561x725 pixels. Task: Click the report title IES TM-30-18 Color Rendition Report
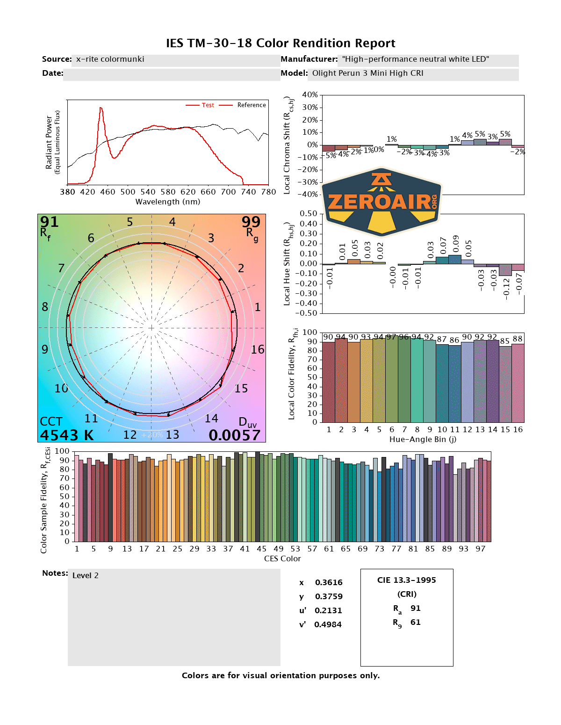pyautogui.click(x=280, y=43)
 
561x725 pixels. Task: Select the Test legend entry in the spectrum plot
pyautogui.click(x=208, y=105)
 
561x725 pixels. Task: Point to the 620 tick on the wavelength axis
pyautogui.click(x=188, y=192)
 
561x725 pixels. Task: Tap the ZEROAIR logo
pyautogui.click(x=382, y=202)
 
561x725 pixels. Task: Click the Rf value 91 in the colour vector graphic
pyautogui.click(x=49, y=222)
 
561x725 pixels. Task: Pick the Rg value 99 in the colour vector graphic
pyautogui.click(x=251, y=222)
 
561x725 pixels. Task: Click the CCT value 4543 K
pyautogui.click(x=67, y=435)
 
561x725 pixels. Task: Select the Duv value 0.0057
pyautogui.click(x=234, y=435)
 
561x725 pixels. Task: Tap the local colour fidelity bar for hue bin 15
pyautogui.click(x=505, y=384)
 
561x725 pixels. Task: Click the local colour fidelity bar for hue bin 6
pyautogui.click(x=392, y=379)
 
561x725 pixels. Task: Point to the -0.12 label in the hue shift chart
pyautogui.click(x=506, y=288)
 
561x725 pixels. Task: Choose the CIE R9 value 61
pyautogui.click(x=416, y=622)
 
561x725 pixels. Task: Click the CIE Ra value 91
pyautogui.click(x=416, y=608)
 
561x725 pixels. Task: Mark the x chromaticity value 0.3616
pyautogui.click(x=329, y=582)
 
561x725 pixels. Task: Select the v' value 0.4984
pyautogui.click(x=328, y=624)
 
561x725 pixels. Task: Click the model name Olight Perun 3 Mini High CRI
pyautogui.click(x=368, y=73)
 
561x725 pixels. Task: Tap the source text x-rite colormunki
pyautogui.click(x=110, y=59)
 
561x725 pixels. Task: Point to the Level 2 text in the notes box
pyautogui.click(x=86, y=576)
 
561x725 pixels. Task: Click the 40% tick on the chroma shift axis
pyautogui.click(x=310, y=95)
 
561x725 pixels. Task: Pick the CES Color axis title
pyautogui.click(x=282, y=558)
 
